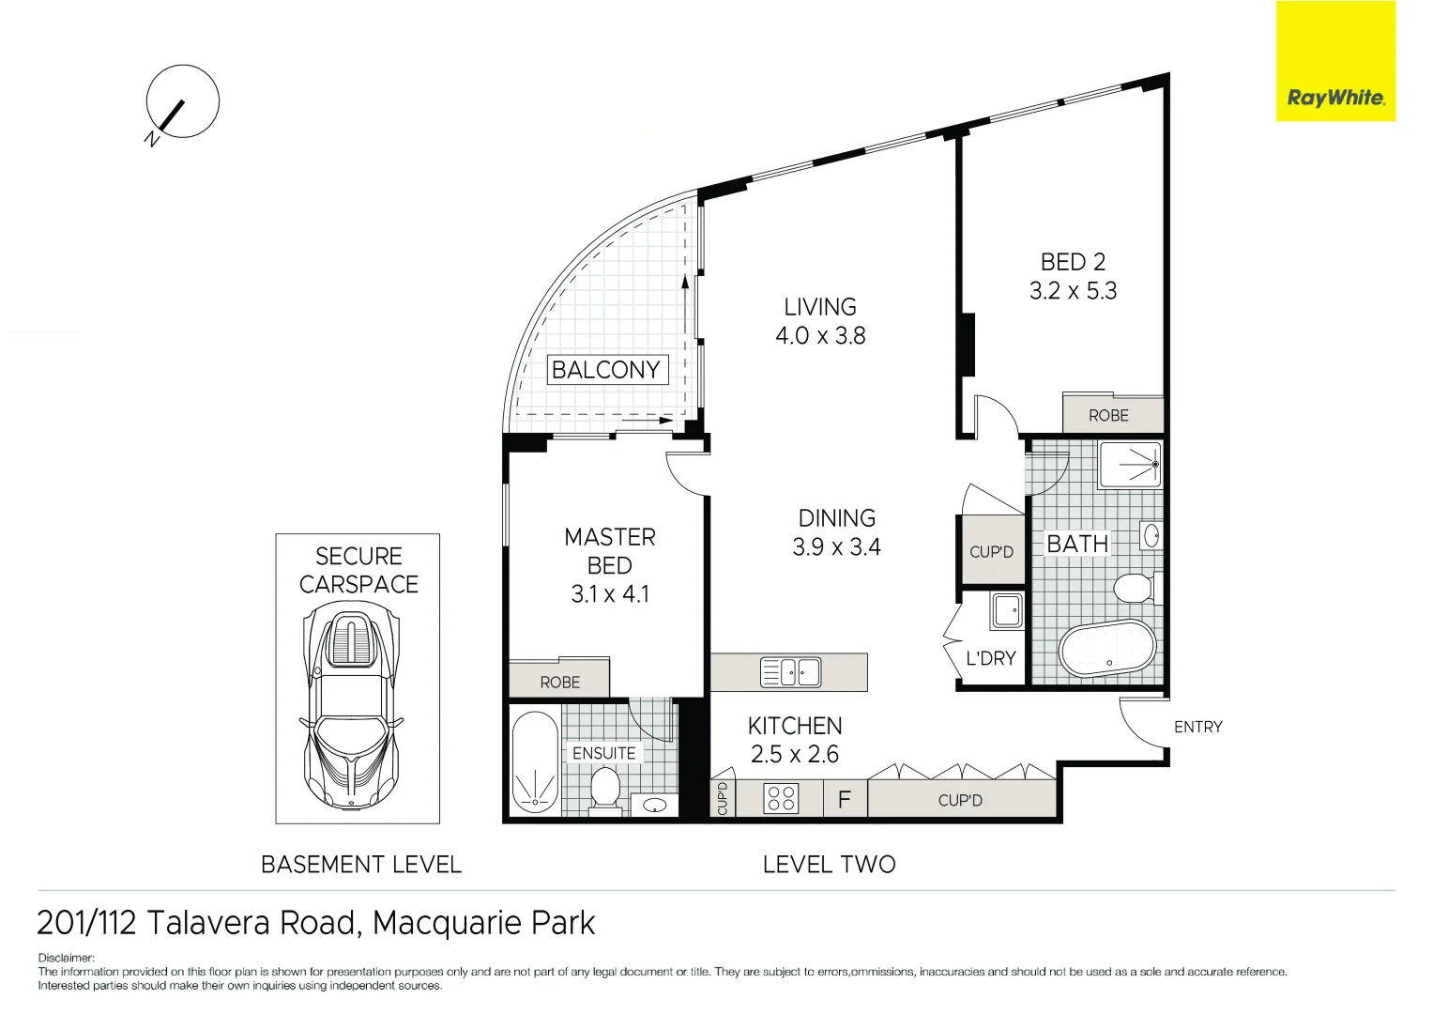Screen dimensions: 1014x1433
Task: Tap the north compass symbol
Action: pyautogui.click(x=181, y=102)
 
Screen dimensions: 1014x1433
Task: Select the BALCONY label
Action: pyautogui.click(x=606, y=370)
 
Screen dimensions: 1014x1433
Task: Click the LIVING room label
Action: pyautogui.click(x=820, y=307)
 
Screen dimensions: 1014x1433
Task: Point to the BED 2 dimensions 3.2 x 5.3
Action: pyautogui.click(x=1073, y=291)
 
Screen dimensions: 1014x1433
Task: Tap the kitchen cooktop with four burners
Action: pyautogui.click(x=781, y=798)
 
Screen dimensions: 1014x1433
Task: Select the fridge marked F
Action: pyautogui.click(x=845, y=800)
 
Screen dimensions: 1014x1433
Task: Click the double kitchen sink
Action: pyautogui.click(x=790, y=672)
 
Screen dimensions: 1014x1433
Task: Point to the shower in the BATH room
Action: pyautogui.click(x=1131, y=464)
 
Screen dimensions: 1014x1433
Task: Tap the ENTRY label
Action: pyautogui.click(x=1197, y=727)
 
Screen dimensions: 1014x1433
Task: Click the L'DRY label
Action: pyautogui.click(x=991, y=658)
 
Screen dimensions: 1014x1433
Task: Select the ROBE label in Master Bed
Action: pyautogui.click(x=559, y=683)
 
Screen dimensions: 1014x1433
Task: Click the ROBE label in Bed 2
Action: pyautogui.click(x=1108, y=415)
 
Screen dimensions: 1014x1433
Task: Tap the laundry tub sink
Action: pyautogui.click(x=1007, y=611)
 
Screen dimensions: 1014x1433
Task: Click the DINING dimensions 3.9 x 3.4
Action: pyautogui.click(x=836, y=547)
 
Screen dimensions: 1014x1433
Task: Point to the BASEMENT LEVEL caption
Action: pyautogui.click(x=361, y=865)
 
